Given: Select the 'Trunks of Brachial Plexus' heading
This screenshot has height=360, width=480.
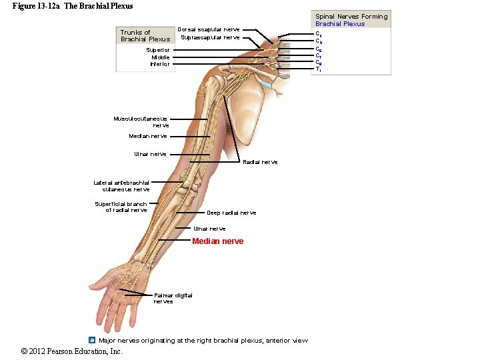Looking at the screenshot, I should pos(145,35).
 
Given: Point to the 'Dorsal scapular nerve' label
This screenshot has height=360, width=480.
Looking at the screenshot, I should pos(209,29).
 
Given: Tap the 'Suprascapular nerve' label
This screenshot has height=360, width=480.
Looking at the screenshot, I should pos(210,37).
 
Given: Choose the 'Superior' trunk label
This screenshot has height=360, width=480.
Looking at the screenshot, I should pos(158,50).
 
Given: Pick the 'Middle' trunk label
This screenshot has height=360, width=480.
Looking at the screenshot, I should pos(160,57).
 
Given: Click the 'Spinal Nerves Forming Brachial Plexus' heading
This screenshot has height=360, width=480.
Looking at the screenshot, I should pos(351,20).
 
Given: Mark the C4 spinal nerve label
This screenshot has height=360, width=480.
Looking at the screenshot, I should pos(319,34).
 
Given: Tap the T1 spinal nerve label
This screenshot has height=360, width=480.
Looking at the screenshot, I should pos(319,69).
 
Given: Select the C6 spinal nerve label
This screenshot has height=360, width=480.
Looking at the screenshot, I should pos(319,49).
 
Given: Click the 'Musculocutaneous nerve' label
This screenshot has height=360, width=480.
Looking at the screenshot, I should pos(141,122).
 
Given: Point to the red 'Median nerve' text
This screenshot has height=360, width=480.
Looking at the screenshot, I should pos(217,241).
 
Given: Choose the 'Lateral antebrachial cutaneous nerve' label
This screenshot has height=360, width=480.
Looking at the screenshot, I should pos(121,185).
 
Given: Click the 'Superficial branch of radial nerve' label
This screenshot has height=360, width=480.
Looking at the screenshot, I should pos(121,207).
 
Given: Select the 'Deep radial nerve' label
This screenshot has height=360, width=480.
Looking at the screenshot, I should pos(231,213).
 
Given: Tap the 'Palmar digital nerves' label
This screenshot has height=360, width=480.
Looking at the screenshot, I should pos(173,298).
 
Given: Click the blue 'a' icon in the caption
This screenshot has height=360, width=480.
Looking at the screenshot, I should pos(92,340).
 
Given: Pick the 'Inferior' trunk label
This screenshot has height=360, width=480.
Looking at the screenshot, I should pos(159,65).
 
